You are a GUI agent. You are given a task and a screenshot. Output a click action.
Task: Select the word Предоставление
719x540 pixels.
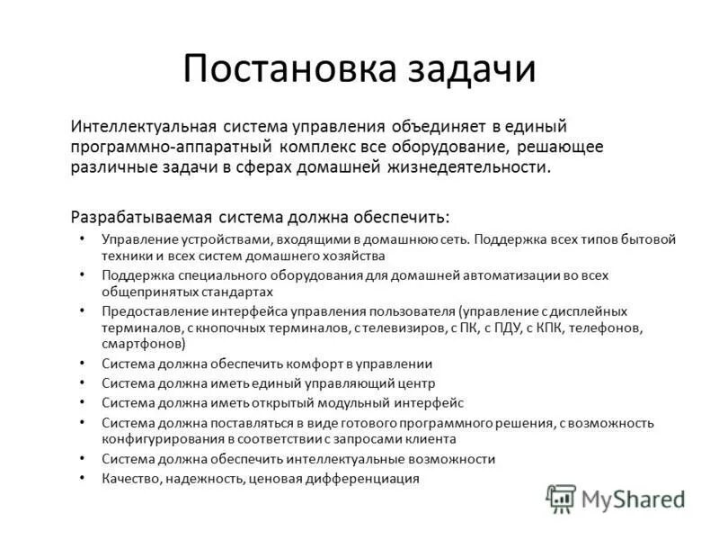tap(150, 310)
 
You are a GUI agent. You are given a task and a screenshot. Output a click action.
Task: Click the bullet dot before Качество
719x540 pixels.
tap(82, 478)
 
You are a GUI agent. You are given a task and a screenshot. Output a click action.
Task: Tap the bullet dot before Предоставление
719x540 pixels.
tap(82, 310)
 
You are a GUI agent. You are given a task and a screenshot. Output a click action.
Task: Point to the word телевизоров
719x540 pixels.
tap(391, 328)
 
